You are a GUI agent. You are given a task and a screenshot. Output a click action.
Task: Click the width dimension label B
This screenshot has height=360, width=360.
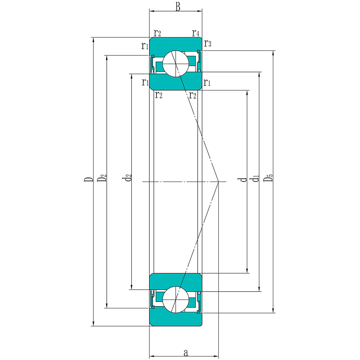click(x=178, y=7)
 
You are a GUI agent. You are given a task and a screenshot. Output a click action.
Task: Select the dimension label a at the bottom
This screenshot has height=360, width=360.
click(x=186, y=352)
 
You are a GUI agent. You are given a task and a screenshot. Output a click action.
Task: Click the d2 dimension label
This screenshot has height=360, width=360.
click(x=128, y=178)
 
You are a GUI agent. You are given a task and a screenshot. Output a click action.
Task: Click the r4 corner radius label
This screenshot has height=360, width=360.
click(x=196, y=33)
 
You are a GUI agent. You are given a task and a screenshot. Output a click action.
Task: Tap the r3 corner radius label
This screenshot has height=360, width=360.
click(x=208, y=43)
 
